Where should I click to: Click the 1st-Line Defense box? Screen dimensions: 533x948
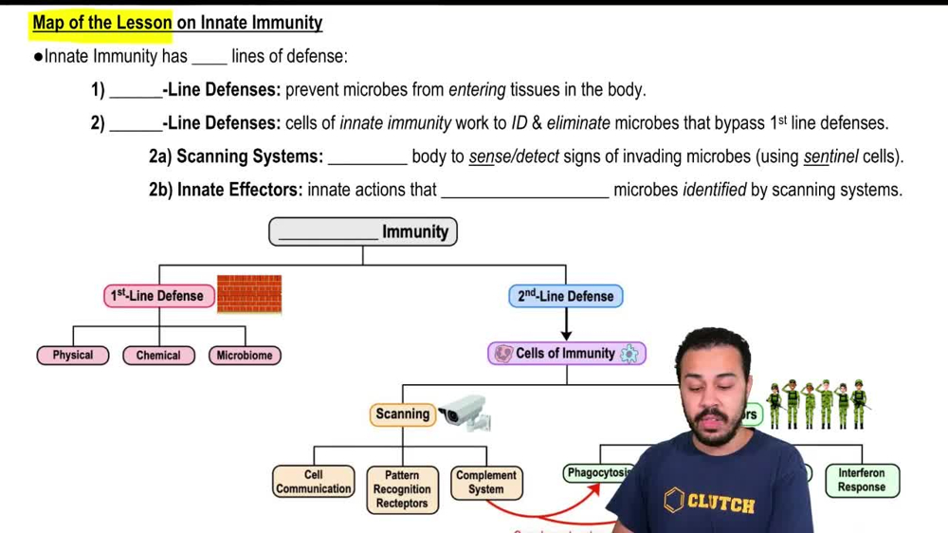pos(156,296)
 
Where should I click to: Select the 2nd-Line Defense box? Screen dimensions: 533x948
pos(566,296)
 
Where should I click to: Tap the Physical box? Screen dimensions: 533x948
pos(73,356)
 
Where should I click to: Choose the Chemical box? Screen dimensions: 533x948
pos(158,356)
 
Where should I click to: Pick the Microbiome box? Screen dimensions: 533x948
pos(245,356)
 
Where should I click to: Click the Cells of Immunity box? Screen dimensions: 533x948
pos(566,354)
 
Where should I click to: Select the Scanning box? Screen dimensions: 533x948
pos(402,414)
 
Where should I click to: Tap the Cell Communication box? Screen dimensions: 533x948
pos(314,482)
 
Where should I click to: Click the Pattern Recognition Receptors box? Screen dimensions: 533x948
pos(402,489)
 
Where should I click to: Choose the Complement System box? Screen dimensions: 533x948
pos(485,482)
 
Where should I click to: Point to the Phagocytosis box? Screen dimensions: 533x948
pos(598,472)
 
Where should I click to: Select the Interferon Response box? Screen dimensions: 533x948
pos(861,480)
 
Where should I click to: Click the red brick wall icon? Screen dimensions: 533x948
pos(249,294)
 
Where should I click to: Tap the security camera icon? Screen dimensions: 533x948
pos(464,413)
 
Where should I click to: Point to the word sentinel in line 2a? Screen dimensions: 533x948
pos(831,156)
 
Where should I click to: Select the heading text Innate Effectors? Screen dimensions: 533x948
pos(238,190)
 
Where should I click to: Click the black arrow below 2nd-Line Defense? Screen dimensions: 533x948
pos(566,325)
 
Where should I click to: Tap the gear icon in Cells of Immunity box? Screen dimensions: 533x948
pos(629,354)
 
